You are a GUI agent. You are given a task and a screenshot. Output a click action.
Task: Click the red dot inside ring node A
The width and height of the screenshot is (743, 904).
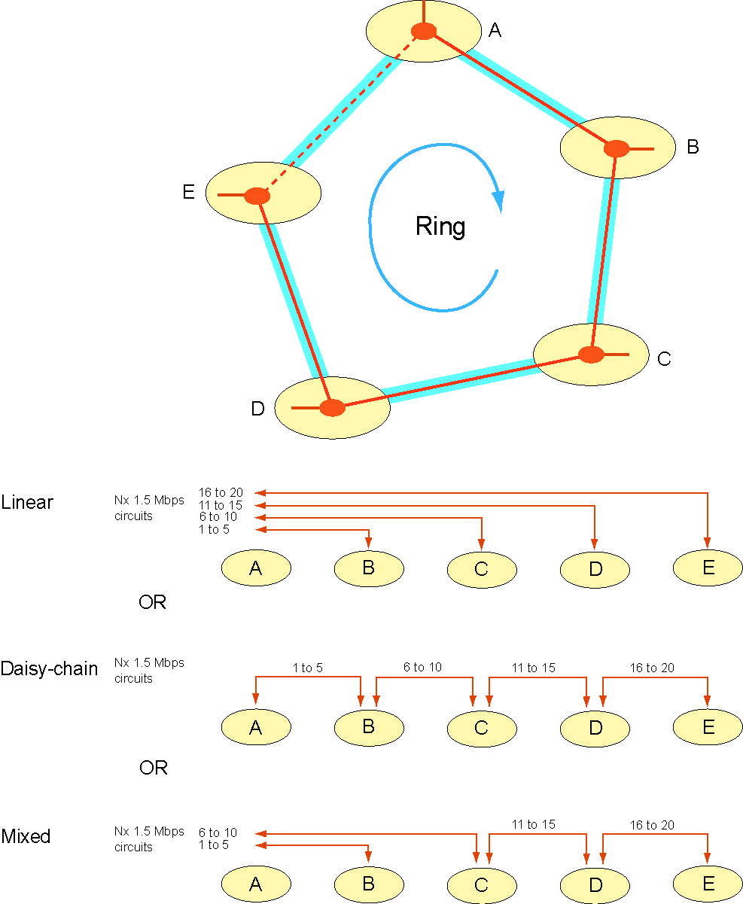pos(424,32)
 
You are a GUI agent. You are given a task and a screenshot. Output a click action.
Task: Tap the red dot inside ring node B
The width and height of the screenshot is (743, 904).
pos(617,148)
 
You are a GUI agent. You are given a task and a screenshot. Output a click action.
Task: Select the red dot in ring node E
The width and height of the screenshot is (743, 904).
pos(257,196)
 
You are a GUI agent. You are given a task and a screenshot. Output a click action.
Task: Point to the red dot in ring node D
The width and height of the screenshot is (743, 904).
pos(332,408)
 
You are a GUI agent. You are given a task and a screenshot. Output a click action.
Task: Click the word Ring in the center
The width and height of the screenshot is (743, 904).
pos(440,227)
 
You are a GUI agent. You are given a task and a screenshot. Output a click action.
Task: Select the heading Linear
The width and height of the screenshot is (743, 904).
pos(27,502)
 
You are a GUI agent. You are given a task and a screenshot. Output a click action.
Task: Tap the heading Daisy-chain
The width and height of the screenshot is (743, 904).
pos(49,668)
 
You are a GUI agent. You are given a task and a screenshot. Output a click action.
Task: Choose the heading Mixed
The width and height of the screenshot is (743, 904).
pos(26,836)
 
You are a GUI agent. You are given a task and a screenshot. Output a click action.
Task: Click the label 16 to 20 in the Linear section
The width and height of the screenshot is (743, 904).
pos(221,492)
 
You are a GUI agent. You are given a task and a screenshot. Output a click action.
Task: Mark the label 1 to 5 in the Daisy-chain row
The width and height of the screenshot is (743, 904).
pos(308,667)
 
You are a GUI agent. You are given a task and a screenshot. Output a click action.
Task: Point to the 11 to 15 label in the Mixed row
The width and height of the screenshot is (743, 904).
pos(533,824)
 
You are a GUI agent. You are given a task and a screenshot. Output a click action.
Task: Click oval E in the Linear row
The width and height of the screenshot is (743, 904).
pos(708,568)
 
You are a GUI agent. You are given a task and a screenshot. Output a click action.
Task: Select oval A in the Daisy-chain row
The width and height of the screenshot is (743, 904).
pos(256,727)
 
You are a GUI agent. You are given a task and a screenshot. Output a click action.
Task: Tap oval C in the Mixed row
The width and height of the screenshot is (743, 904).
pos(482,884)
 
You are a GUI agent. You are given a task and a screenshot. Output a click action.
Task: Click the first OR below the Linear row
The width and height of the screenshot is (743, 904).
pos(152,602)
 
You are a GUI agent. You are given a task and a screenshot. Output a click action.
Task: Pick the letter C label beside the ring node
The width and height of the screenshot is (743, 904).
pos(663,358)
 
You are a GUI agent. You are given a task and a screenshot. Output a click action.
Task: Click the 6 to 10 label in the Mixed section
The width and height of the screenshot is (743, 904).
pos(218,832)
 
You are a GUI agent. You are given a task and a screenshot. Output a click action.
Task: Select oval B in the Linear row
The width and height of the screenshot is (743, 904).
pos(368,568)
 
